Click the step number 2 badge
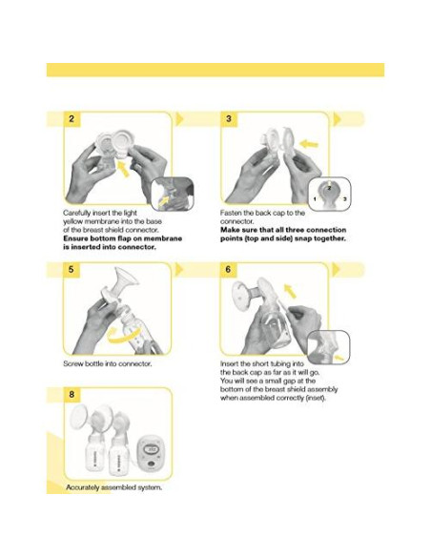pyautogui.click(x=72, y=119)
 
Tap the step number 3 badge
pyautogui.click(x=229, y=119)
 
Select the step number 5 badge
pyautogui.click(x=72, y=271)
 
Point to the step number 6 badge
pyautogui.click(x=229, y=271)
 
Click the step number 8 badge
pyautogui.click(x=72, y=393)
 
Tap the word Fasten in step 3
pyautogui.click(x=232, y=213)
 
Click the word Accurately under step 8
pyautogui.click(x=84, y=486)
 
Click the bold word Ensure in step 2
pyautogui.click(x=77, y=238)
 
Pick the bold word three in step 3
pyautogui.click(x=294, y=230)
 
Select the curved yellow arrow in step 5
pyautogui.click(x=119, y=336)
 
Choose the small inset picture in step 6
pyautogui.click(x=330, y=344)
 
